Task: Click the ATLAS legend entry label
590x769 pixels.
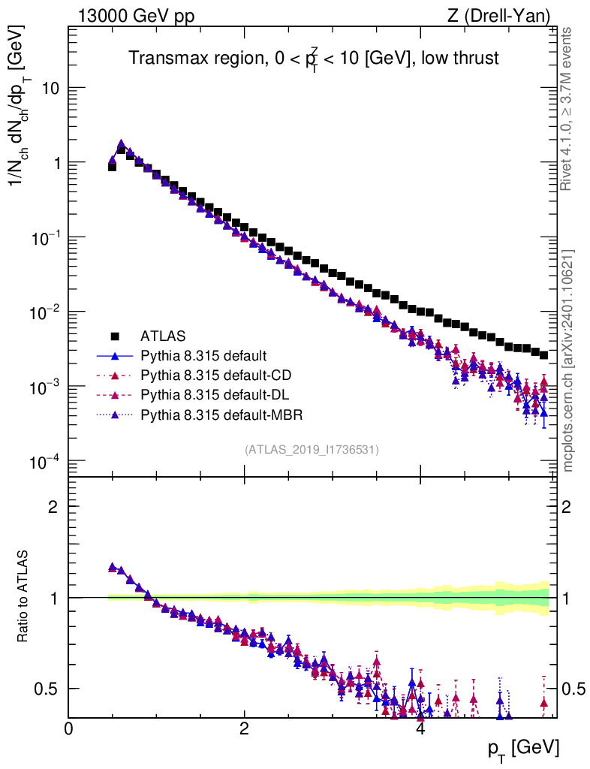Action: tap(163, 336)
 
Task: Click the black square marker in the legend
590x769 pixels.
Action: tap(115, 336)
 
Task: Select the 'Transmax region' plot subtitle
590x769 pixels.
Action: tap(313, 58)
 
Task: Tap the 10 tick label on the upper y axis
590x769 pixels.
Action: tap(49, 89)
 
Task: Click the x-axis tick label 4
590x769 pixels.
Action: tap(420, 729)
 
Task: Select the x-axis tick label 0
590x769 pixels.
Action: tap(69, 729)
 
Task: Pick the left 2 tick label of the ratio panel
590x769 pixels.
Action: tap(53, 506)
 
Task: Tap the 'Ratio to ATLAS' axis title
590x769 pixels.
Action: tap(25, 597)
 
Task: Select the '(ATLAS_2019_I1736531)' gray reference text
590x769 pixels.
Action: tap(312, 450)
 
